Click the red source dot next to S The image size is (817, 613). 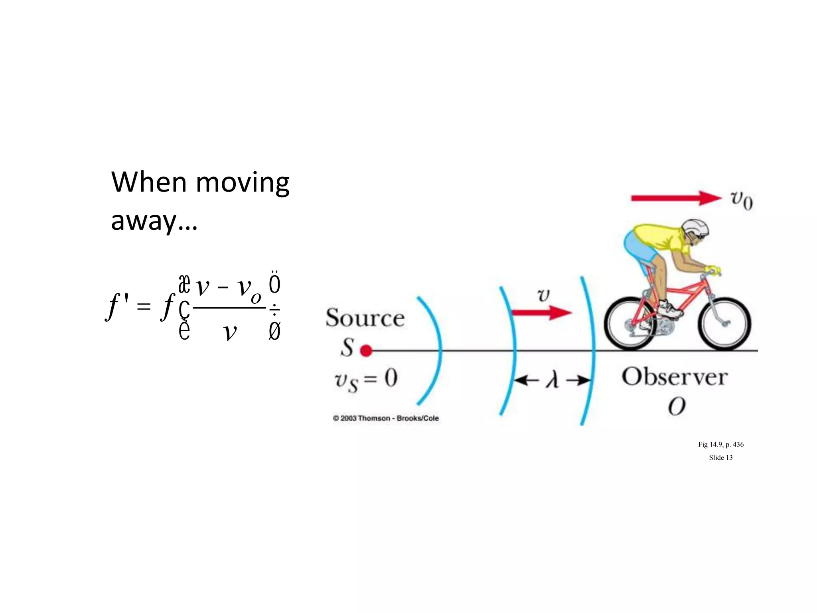[x=366, y=351]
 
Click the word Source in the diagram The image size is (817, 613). [x=365, y=318]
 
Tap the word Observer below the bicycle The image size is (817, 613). [x=675, y=377]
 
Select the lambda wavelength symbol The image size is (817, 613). [x=552, y=380]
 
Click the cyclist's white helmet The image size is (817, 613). [x=696, y=227]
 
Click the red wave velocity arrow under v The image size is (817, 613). [x=542, y=312]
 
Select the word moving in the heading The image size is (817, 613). [x=243, y=182]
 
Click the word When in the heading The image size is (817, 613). [x=149, y=182]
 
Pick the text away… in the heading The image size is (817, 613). [x=154, y=221]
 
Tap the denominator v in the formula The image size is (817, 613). [x=230, y=331]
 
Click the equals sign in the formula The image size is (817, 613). [x=144, y=307]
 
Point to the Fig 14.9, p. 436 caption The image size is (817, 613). [x=720, y=445]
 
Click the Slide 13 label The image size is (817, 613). [x=720, y=458]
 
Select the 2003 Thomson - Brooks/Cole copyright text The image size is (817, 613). [x=386, y=418]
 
